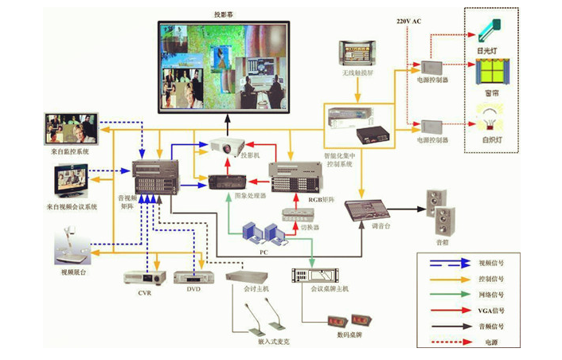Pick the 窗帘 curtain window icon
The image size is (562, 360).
490,76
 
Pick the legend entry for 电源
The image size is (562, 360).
490,342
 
